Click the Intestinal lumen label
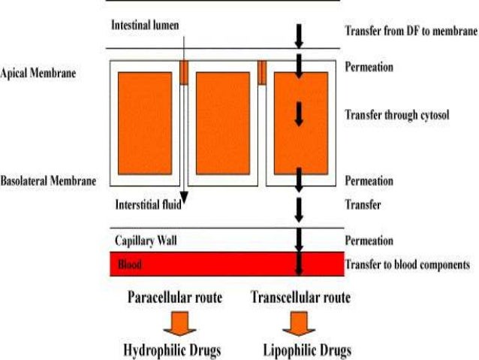[x=145, y=26]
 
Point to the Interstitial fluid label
[x=146, y=204]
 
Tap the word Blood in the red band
[x=128, y=265]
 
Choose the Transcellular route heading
[x=300, y=298]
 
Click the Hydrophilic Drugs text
[x=173, y=349]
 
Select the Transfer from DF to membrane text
[x=411, y=32]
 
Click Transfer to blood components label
[x=407, y=264]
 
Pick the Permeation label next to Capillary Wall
[x=369, y=241]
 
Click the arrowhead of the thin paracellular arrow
[x=183, y=201]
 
